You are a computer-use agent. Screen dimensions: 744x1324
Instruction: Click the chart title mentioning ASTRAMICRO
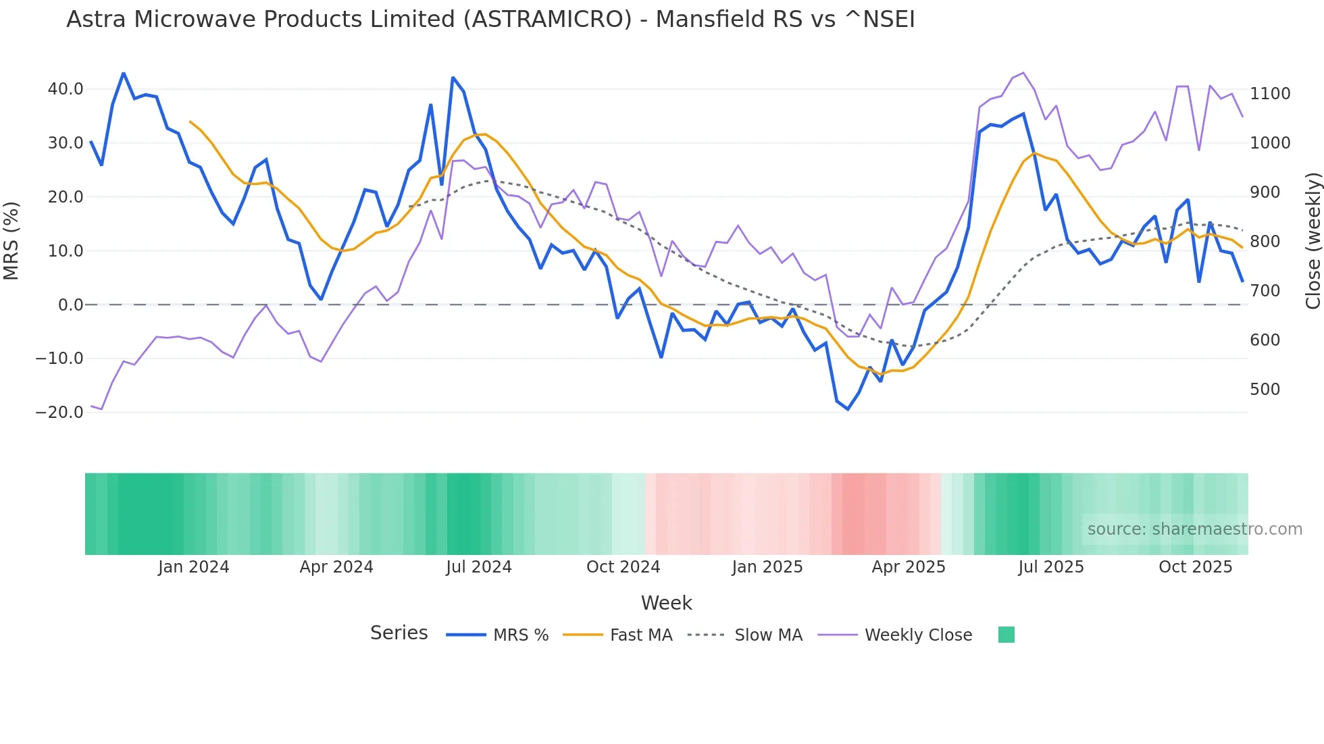coord(490,20)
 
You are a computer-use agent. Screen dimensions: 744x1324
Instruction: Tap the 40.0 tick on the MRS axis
coord(66,89)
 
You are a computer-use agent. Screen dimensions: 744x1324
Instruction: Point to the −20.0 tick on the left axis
coord(59,413)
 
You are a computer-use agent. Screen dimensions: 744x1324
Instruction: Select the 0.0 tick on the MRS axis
coord(70,305)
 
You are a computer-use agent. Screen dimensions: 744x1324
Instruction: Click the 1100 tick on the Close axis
coord(1270,94)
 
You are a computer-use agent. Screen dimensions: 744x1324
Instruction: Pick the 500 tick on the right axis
coord(1265,390)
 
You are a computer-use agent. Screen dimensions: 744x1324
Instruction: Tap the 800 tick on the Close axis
coord(1265,242)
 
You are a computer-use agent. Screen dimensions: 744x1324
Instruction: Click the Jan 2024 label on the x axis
coord(194,567)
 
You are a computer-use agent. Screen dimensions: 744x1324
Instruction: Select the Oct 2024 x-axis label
coord(623,567)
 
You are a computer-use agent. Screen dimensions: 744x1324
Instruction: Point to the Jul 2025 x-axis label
coord(1051,567)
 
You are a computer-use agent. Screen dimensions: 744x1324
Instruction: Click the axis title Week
coord(666,603)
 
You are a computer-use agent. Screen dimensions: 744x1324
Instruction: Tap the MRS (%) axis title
coord(11,240)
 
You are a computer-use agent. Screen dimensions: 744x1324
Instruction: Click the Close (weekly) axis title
coord(1313,240)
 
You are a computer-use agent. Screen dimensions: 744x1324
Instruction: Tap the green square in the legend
coord(1006,635)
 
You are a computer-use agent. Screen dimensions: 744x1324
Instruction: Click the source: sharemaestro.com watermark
coord(1194,529)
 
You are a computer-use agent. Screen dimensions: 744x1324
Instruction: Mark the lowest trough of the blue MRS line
coord(848,409)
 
